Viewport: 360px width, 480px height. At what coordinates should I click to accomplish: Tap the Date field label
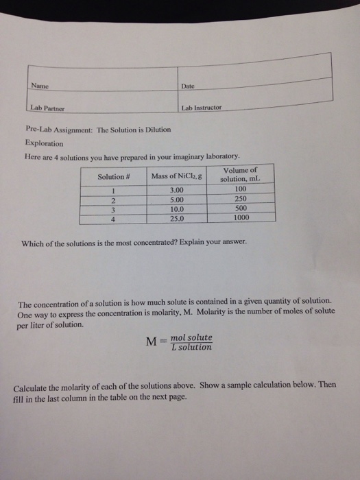point(189,86)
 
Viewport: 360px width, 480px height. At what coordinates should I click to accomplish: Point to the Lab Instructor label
point(203,109)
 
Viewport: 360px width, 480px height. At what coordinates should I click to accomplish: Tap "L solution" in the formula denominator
point(191,348)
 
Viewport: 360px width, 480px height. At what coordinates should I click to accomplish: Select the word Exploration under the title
point(43,144)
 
